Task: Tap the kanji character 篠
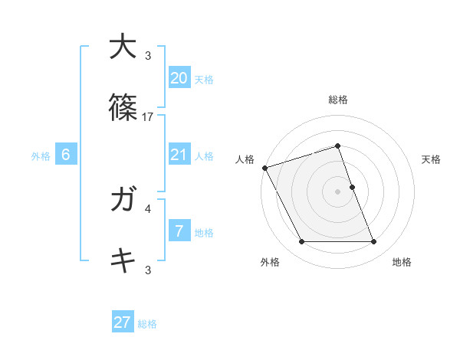tap(123, 109)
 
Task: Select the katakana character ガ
tap(123, 200)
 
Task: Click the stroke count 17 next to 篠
tap(148, 117)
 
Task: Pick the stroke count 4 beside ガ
tap(148, 208)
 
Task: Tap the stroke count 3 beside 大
tap(148, 55)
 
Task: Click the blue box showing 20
tap(179, 78)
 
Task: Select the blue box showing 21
tap(179, 155)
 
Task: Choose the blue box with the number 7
tap(179, 232)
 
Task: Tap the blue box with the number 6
tap(66, 155)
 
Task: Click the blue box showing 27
tap(123, 322)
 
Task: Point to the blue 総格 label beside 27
tap(147, 324)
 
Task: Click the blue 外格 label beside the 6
tap(41, 156)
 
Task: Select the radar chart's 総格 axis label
tap(338, 100)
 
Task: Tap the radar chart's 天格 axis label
tap(432, 159)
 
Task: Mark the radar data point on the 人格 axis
tap(264, 168)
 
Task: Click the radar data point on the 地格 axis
tap(374, 242)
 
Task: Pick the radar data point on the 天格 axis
tap(352, 187)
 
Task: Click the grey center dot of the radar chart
tap(338, 191)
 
